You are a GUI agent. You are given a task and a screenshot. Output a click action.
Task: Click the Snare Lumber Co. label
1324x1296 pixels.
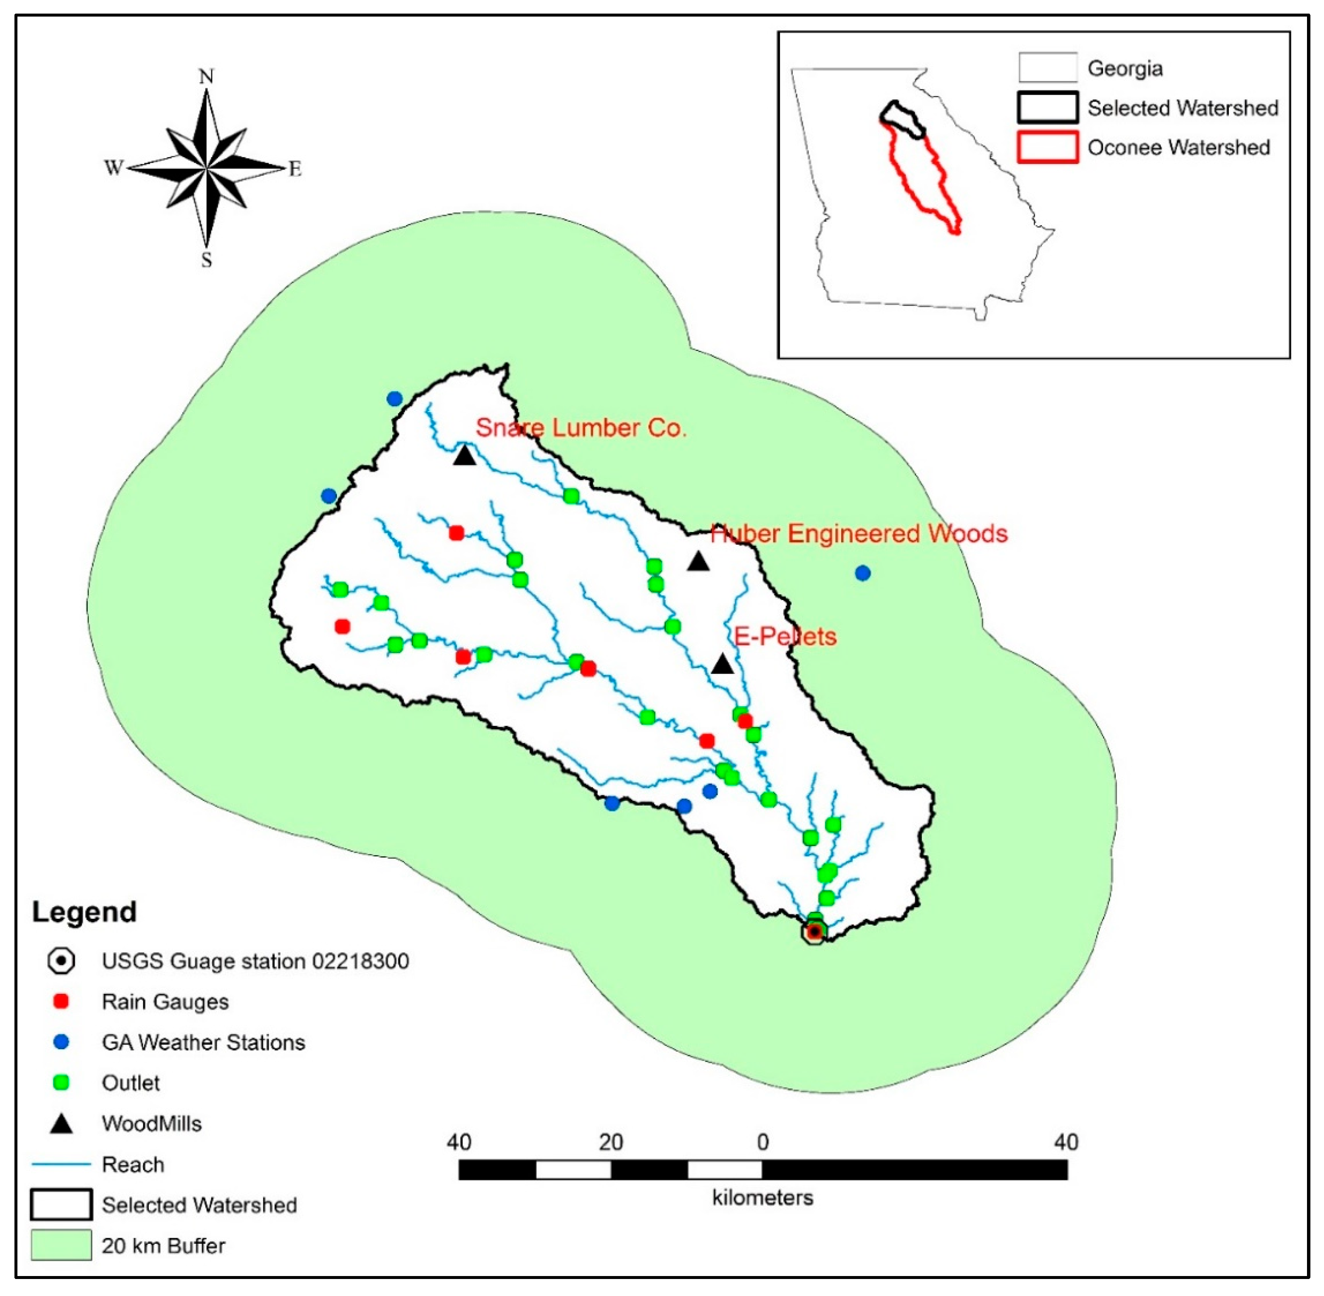(581, 428)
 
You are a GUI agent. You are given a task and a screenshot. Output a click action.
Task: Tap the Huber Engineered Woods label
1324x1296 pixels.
(859, 534)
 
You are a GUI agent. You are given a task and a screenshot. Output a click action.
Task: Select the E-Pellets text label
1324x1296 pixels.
(785, 637)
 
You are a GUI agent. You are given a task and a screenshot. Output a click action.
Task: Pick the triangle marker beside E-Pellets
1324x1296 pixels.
(722, 664)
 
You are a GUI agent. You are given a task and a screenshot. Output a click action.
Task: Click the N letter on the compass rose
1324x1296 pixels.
(206, 76)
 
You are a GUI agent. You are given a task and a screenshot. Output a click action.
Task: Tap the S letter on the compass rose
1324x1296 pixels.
(206, 260)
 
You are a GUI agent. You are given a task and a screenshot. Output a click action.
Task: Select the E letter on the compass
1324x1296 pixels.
(295, 169)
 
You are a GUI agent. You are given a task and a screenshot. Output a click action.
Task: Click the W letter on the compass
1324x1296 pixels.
(113, 167)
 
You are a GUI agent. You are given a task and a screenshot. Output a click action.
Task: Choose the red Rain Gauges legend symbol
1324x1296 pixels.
(61, 1001)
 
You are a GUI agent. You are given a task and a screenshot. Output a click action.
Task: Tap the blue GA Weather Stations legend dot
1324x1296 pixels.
(61, 1042)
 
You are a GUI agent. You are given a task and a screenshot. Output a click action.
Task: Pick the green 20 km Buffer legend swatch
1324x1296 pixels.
(61, 1245)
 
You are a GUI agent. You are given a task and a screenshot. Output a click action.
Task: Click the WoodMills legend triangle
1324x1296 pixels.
(61, 1124)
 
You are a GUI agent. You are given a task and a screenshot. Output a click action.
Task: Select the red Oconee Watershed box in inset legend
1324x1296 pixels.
(1048, 147)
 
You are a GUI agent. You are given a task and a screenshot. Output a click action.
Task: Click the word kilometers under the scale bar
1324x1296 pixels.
(763, 1217)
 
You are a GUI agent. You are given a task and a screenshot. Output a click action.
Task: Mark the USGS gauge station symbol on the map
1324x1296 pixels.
(814, 931)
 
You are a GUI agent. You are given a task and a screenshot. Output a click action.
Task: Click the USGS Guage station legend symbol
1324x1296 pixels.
(61, 961)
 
